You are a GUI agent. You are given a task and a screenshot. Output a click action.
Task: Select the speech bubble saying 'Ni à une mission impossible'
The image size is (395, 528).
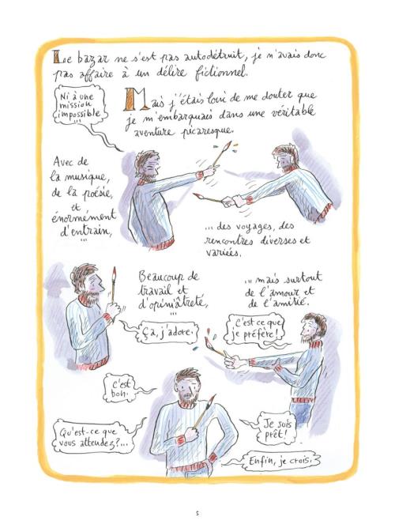tap(80, 105)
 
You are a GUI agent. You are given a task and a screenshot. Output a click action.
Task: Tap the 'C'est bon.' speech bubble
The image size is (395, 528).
tap(120, 388)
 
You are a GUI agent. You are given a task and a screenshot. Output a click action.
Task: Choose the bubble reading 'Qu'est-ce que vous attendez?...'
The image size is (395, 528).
tap(92, 437)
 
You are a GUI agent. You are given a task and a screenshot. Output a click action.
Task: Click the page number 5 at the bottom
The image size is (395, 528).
tap(197, 514)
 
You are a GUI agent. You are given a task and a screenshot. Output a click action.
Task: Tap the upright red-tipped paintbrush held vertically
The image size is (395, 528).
tap(114, 284)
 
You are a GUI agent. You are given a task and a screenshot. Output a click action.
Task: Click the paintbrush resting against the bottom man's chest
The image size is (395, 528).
tap(203, 413)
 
